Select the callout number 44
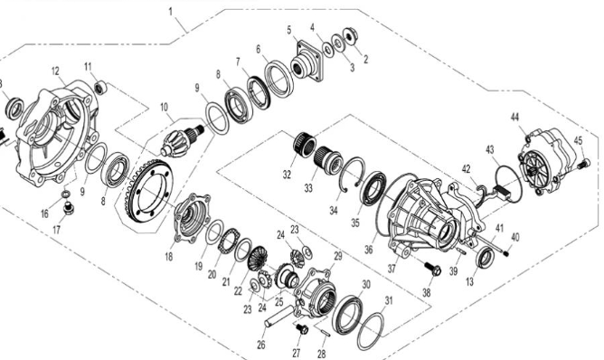514,118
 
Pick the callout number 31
389,301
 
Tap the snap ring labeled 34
346,178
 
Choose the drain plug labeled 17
71,211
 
